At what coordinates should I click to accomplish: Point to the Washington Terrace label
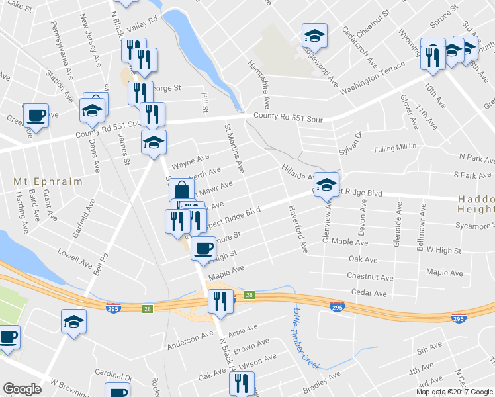pos(372,78)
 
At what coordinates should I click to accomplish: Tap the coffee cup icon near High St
pos(203,248)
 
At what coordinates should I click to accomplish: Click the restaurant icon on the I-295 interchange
pos(220,301)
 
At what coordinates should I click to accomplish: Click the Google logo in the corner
pos(22,389)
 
